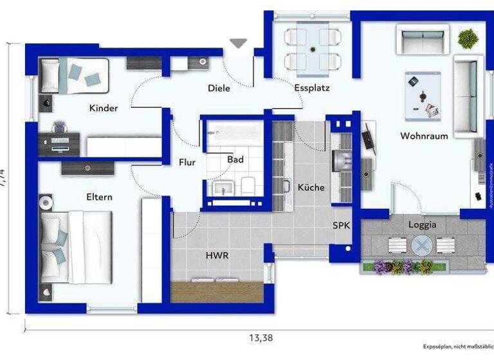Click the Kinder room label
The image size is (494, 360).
point(104,108)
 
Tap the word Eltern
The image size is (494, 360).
point(100,197)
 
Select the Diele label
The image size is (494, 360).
point(219,88)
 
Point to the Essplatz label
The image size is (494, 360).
point(312,88)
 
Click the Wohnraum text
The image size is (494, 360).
point(424,136)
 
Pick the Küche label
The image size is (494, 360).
point(311,188)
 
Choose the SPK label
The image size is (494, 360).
point(341,226)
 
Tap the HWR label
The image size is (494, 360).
point(217,255)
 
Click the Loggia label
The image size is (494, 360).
point(422,225)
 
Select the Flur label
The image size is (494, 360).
point(187,163)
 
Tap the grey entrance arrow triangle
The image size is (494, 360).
point(239,43)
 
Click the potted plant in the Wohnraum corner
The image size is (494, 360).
point(468,38)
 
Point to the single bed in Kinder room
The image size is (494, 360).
point(71,75)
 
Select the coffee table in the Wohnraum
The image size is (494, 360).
point(423,96)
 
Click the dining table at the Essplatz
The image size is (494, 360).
point(313,49)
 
